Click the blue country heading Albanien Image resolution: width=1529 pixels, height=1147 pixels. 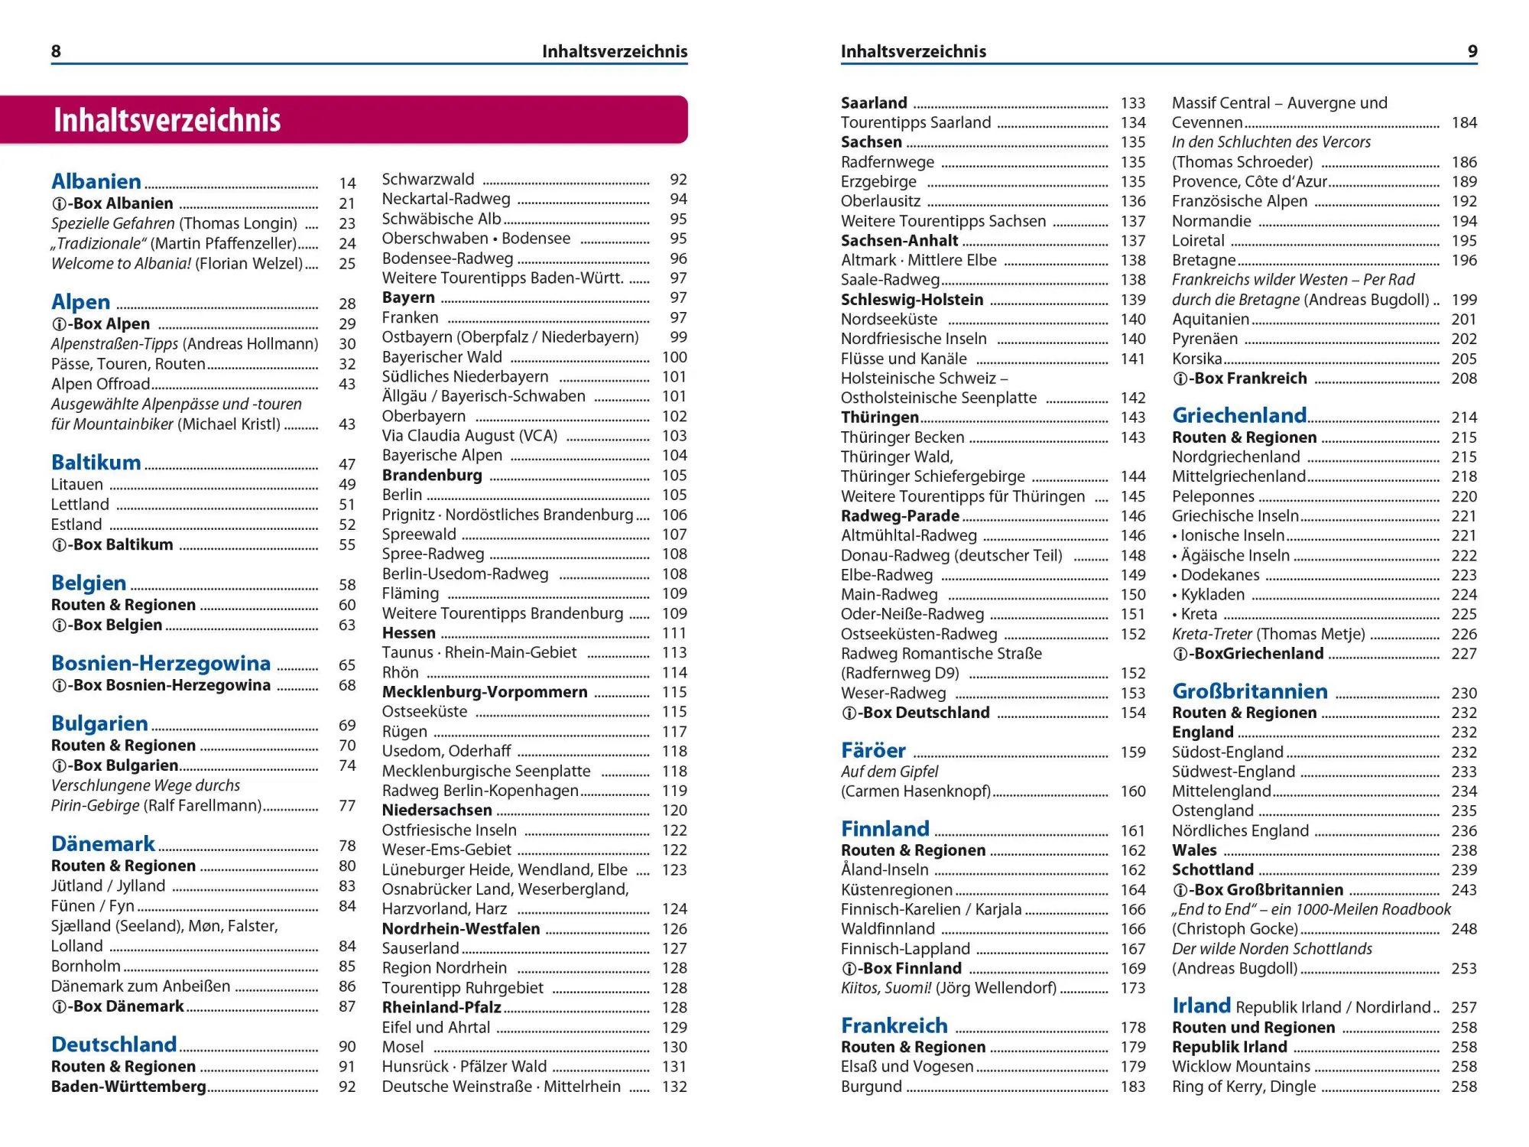(96, 182)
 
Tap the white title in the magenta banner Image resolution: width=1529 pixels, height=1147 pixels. (167, 121)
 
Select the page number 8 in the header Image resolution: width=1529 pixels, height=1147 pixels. (56, 51)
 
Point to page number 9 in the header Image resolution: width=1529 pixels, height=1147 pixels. (1472, 51)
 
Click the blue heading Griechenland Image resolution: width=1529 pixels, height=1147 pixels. (1239, 415)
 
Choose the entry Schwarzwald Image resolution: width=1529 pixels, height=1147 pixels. (428, 180)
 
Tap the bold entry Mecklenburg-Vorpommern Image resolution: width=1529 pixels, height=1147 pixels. (485, 692)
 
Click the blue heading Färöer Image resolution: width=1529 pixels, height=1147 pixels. (873, 750)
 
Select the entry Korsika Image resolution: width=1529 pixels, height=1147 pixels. (1196, 359)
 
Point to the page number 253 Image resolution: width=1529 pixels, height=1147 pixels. (1463, 968)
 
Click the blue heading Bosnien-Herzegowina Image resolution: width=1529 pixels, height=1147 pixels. (161, 663)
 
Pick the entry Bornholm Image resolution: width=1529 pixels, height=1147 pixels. (86, 966)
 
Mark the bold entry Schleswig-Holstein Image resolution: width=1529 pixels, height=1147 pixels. (912, 300)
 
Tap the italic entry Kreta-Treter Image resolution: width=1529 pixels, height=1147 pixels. (1212, 634)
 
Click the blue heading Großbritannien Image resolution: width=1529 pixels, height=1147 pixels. (1250, 691)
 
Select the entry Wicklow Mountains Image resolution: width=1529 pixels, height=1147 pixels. (1241, 1067)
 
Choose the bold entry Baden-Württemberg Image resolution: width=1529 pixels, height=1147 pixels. (128, 1087)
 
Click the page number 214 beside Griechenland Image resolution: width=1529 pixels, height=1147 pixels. (1463, 418)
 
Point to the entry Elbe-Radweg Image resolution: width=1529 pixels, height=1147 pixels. (887, 575)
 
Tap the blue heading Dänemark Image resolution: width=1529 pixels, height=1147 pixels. (103, 844)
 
